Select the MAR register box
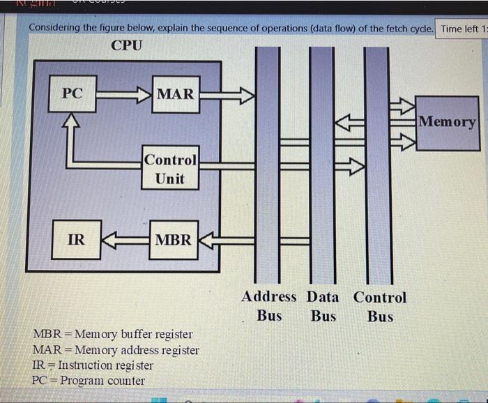175,93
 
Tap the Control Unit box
170,168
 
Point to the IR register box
76,240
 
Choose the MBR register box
173,240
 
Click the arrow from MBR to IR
125,240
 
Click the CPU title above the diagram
126,46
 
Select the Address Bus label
269,306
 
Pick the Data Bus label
323,306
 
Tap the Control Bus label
380,306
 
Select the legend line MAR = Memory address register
116,350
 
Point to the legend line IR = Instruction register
93,365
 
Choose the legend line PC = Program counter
89,381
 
